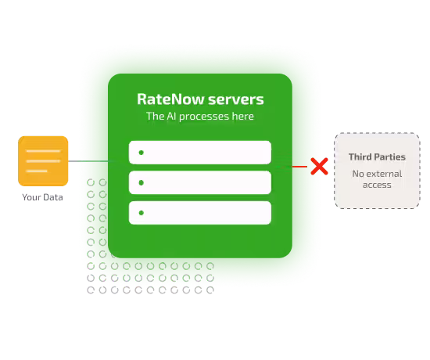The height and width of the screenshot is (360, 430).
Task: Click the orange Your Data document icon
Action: pyautogui.click(x=43, y=161)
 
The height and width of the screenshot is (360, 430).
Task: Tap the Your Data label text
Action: pyautogui.click(x=42, y=197)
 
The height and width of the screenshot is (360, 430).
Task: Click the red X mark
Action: pyautogui.click(x=319, y=166)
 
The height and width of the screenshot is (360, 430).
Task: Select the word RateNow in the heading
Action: pyautogui.click(x=170, y=99)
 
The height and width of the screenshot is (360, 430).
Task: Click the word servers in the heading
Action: pyautogui.click(x=236, y=99)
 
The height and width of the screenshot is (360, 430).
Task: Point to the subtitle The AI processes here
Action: pyautogui.click(x=200, y=116)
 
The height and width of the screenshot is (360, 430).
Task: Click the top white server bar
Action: pyautogui.click(x=200, y=153)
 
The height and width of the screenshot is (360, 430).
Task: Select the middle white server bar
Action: pyautogui.click(x=200, y=182)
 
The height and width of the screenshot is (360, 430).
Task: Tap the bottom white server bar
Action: pyautogui.click(x=200, y=213)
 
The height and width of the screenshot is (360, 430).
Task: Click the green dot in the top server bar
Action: pyautogui.click(x=142, y=153)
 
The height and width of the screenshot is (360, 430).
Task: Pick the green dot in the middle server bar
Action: pyautogui.click(x=142, y=182)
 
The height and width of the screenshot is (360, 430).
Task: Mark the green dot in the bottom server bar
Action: pyautogui.click(x=142, y=213)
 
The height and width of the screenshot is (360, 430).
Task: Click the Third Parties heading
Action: pyautogui.click(x=377, y=157)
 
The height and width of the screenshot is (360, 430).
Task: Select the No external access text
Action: pyautogui.click(x=377, y=179)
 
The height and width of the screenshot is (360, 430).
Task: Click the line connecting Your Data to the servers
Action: pyautogui.click(x=91, y=161)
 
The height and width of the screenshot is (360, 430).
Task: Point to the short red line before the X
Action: pyautogui.click(x=299, y=167)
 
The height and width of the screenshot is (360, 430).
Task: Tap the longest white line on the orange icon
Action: pyautogui.click(x=43, y=161)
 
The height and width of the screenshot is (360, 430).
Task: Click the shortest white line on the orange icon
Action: pyautogui.click(x=37, y=171)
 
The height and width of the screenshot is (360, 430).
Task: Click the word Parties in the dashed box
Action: pyautogui.click(x=391, y=157)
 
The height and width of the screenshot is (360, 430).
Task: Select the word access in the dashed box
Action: pyautogui.click(x=377, y=185)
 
